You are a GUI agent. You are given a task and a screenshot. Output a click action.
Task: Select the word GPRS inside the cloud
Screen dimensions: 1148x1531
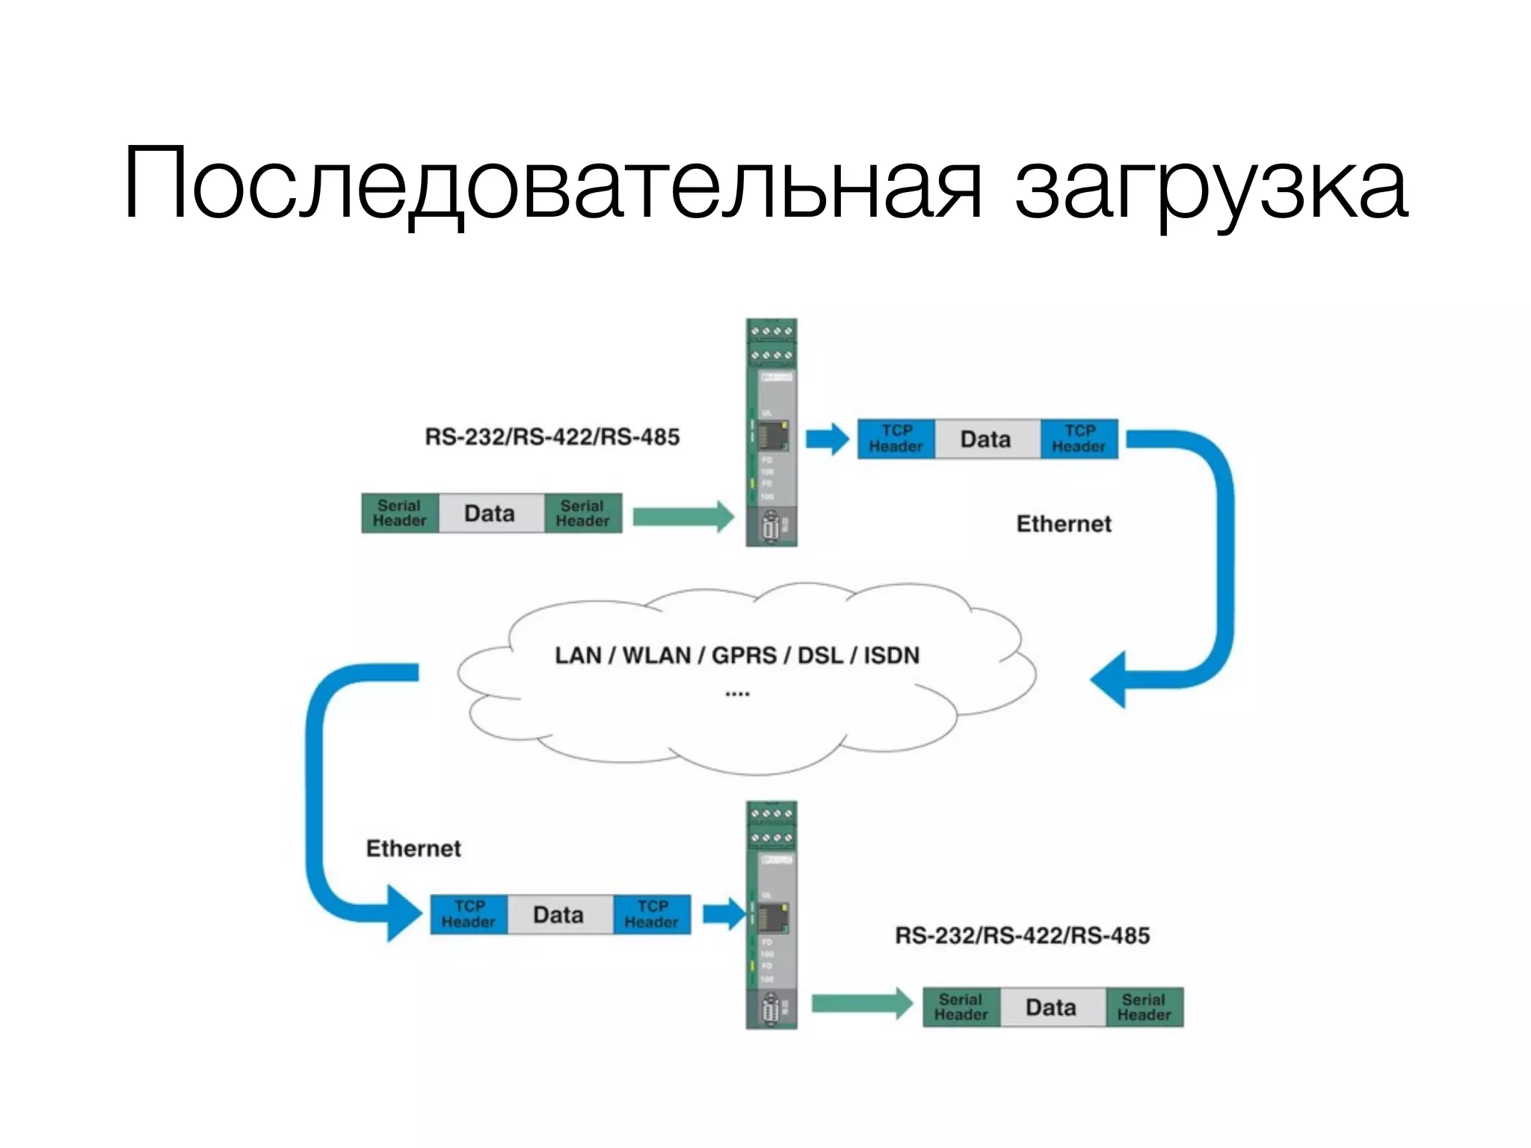(743, 655)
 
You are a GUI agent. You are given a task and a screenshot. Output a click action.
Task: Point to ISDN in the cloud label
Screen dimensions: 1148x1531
(891, 655)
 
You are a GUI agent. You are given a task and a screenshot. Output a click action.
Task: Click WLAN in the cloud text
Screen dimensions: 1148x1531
(656, 655)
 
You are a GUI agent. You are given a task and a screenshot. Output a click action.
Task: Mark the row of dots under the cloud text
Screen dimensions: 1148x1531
(737, 694)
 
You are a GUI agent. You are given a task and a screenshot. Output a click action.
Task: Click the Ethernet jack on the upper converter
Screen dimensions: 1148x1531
(773, 435)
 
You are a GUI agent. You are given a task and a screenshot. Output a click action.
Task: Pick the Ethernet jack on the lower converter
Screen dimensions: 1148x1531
(773, 917)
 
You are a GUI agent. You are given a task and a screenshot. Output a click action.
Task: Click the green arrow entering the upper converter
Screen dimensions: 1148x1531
(683, 516)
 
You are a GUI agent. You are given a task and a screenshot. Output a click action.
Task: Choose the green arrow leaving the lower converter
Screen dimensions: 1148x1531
(862, 1004)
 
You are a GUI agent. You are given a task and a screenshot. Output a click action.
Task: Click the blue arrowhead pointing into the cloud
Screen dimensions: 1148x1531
(1109, 679)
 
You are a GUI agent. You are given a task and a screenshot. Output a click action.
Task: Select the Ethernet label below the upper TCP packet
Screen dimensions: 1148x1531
(1063, 524)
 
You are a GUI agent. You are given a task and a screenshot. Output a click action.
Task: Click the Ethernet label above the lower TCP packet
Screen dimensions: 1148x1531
(413, 849)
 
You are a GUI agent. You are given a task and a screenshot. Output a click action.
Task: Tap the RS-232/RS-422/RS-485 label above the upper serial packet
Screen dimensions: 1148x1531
(552, 436)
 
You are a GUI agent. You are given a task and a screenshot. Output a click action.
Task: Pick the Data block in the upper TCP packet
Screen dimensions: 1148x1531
(986, 439)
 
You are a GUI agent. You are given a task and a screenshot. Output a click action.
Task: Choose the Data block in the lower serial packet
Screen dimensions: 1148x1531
(1051, 1007)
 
